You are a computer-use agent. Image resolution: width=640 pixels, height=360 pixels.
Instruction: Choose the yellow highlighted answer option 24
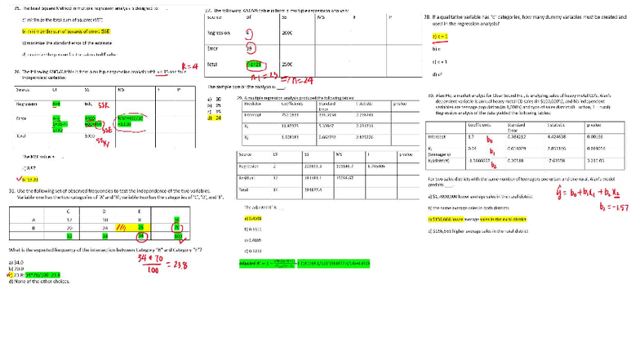point(215,118)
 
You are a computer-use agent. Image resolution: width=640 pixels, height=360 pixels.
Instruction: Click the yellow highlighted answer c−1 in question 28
point(440,37)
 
